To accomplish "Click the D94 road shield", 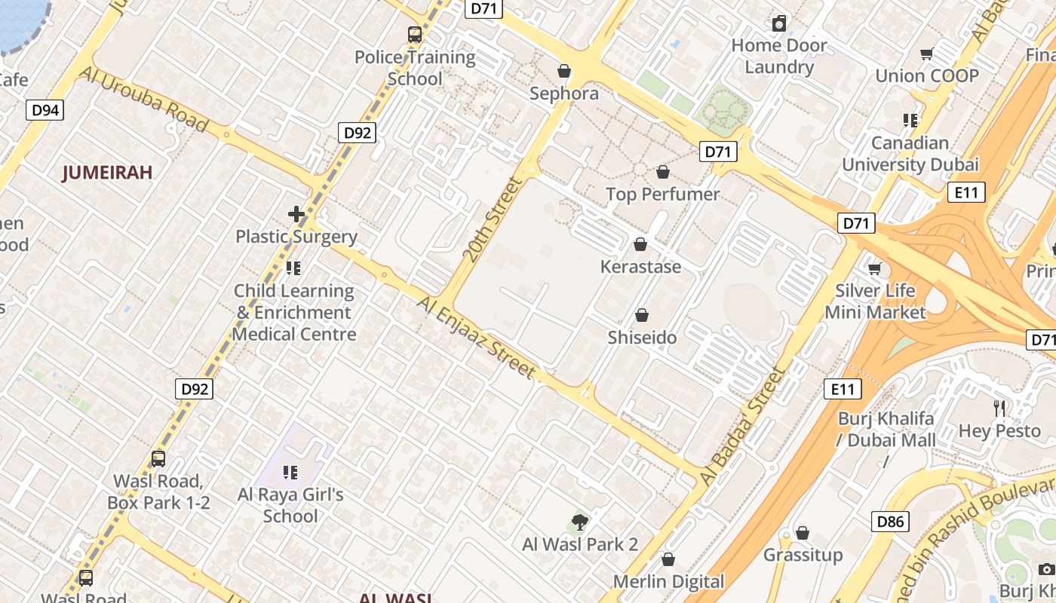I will click(x=46, y=111).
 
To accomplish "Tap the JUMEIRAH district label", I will click(x=107, y=173).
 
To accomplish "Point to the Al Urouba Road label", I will click(x=143, y=99).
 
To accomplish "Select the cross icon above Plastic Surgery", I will click(x=296, y=214).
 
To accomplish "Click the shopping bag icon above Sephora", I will click(x=563, y=71).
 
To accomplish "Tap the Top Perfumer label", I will click(x=663, y=194).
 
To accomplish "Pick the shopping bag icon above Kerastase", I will click(x=640, y=244).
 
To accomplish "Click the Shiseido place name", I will click(x=642, y=338).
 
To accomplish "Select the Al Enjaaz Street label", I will click(x=477, y=338).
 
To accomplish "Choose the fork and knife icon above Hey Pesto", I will click(x=999, y=409).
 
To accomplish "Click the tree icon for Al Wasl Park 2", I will click(x=579, y=522).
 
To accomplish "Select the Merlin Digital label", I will click(x=668, y=582).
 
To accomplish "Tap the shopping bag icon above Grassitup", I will click(x=803, y=533).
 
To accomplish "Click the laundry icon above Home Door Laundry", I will click(x=779, y=23).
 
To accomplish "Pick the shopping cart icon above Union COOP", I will click(x=926, y=54).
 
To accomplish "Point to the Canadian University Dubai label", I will click(x=910, y=154).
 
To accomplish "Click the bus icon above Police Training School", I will click(x=415, y=35).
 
